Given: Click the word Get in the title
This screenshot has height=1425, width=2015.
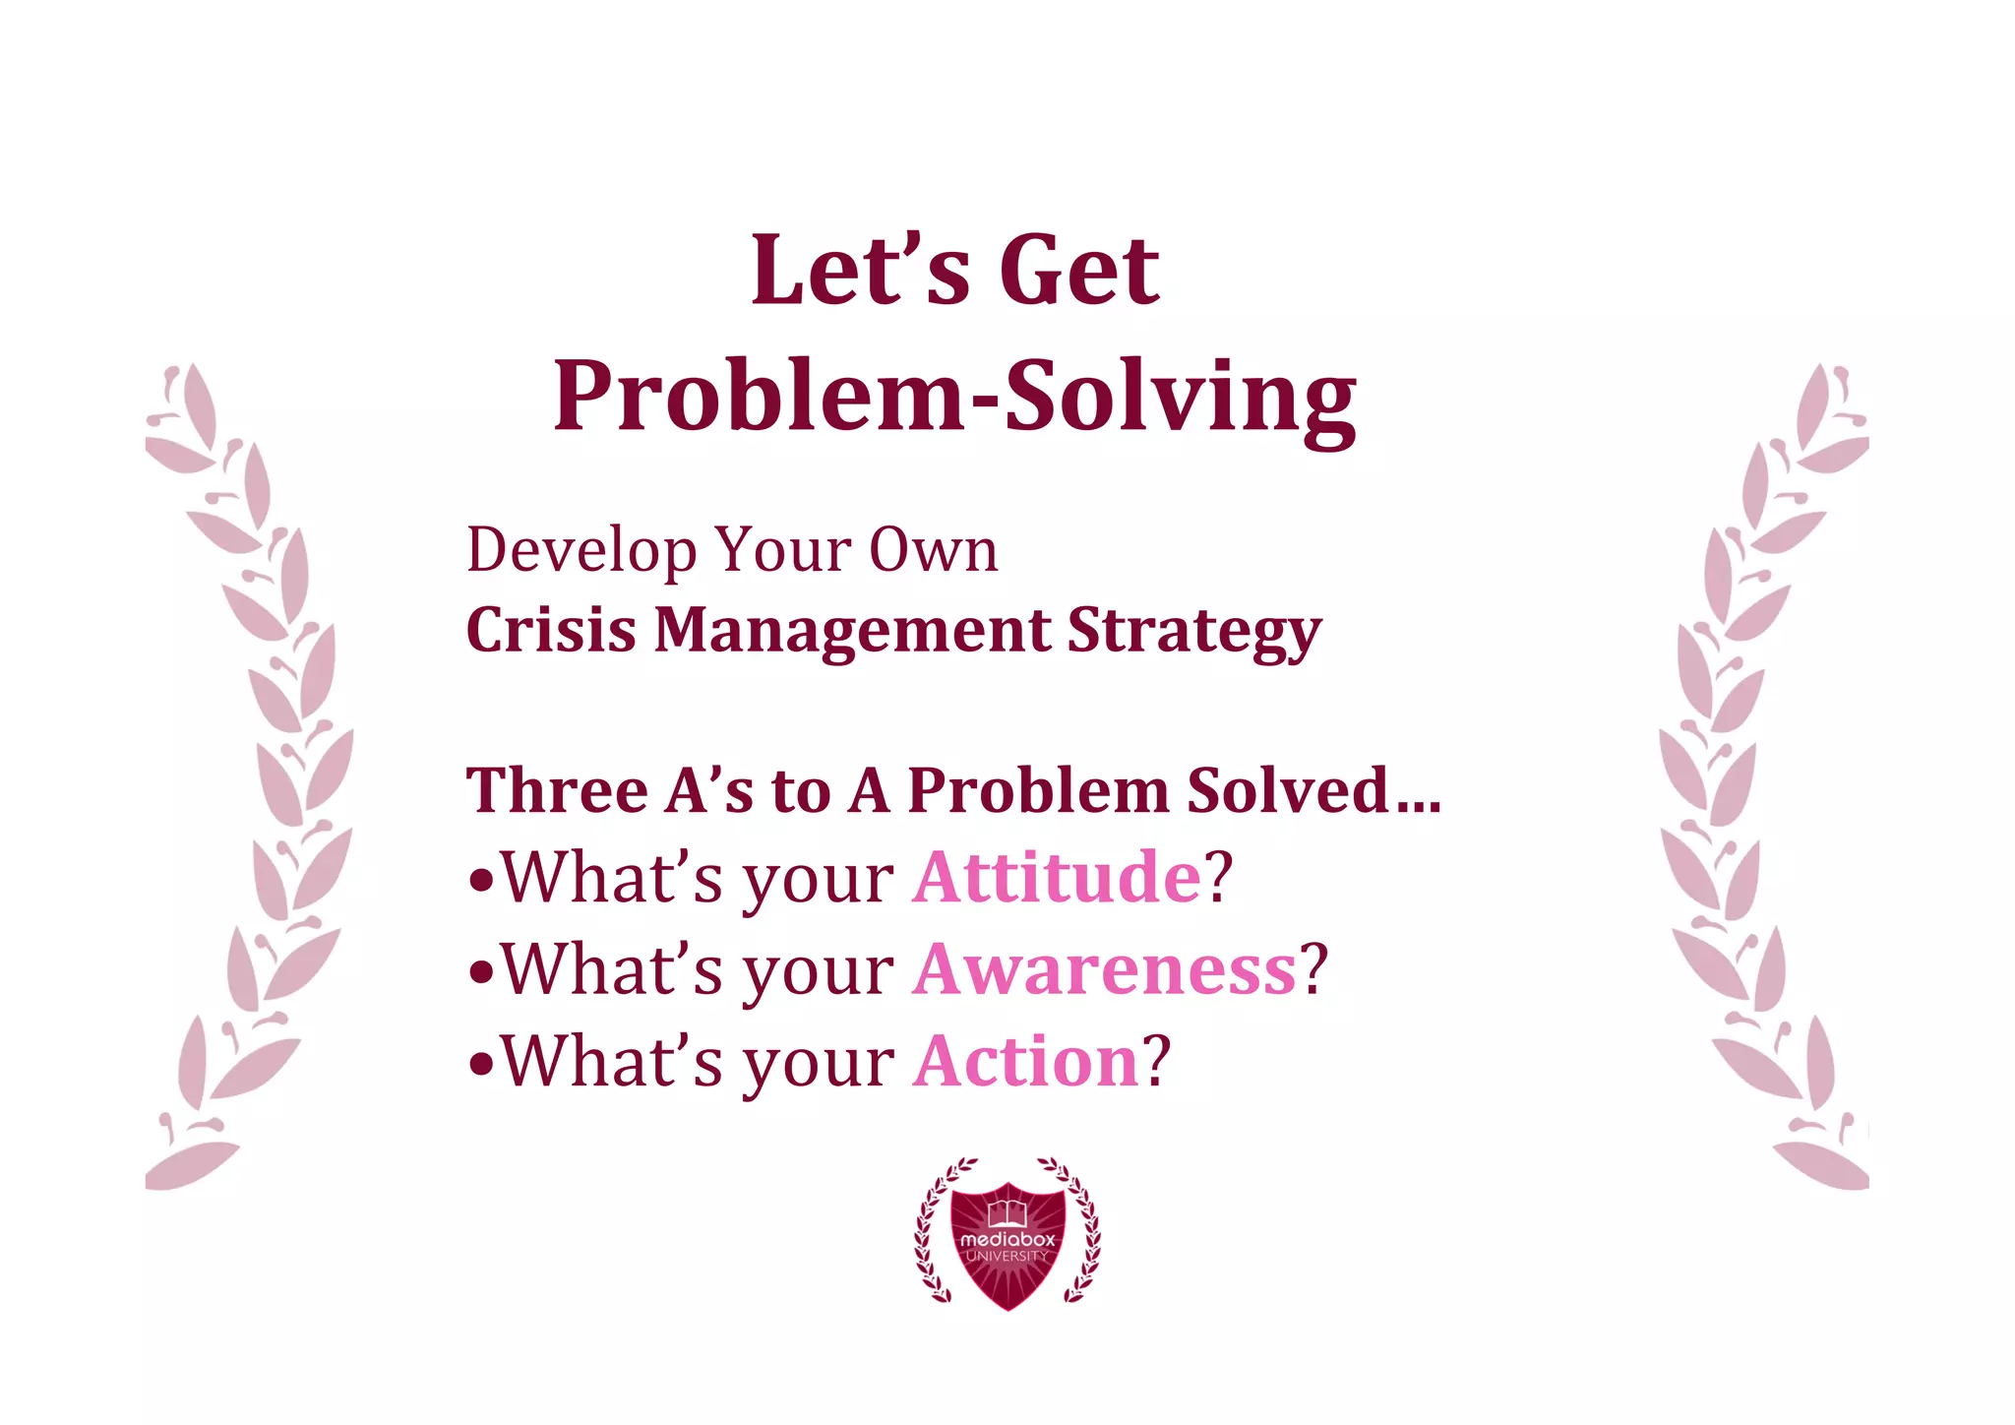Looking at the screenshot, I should pos(1079,271).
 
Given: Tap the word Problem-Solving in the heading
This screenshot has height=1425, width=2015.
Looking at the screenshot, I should pos(954,396).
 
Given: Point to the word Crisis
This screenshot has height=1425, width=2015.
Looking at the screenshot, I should pos(550,630).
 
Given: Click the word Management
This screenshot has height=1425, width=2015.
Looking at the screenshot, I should pos(852,630).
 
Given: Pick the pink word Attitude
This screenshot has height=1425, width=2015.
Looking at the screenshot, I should pos(1057,877).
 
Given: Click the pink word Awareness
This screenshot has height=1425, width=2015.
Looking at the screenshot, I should pos(1104,969).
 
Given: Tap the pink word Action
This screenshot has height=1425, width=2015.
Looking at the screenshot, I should pos(1025,1062).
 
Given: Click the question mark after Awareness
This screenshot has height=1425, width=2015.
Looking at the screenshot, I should pos(1314,969).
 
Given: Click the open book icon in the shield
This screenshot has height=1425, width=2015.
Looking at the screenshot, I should pos(1007,1213).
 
